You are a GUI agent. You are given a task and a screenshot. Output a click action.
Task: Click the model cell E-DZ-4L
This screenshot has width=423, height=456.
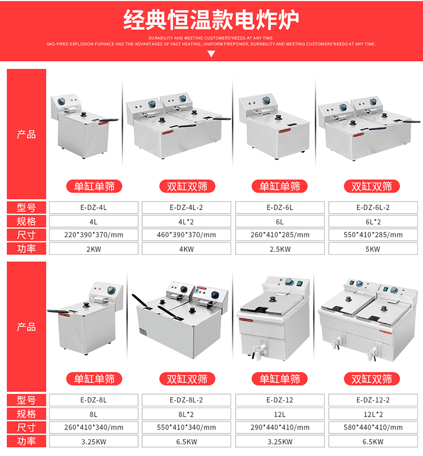click(94, 207)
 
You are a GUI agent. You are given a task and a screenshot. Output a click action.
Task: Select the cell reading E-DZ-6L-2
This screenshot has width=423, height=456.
click(373, 207)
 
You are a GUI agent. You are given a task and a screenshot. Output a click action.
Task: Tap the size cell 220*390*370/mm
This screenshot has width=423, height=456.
click(94, 235)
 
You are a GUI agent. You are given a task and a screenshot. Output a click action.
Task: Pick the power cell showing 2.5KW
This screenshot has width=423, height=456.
click(280, 249)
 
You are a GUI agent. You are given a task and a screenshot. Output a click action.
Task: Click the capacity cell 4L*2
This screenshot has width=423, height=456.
click(186, 222)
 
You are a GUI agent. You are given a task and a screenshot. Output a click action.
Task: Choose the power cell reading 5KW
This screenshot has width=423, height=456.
click(373, 249)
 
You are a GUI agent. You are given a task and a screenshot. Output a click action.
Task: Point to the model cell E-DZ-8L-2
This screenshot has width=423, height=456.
click(186, 400)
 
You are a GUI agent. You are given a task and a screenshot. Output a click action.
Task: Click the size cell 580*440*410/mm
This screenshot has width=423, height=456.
click(373, 427)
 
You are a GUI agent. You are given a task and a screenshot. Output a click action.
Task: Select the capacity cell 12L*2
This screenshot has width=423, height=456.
click(373, 414)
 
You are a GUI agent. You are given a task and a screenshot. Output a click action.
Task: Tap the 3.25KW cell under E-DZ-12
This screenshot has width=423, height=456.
click(280, 441)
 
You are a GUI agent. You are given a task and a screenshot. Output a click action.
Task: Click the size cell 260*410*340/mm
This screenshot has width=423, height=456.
click(94, 427)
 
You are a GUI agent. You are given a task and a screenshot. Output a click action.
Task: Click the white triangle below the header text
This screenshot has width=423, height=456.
click(211, 54)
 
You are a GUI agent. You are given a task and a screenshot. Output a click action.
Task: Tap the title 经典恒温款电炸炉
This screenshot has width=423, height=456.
click(211, 20)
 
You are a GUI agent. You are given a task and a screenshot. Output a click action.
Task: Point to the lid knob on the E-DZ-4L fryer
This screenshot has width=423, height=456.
click(84, 114)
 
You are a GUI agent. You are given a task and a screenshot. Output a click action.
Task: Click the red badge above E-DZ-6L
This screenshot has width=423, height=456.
click(279, 187)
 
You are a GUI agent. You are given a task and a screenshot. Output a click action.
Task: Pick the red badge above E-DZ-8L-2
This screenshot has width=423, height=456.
click(187, 379)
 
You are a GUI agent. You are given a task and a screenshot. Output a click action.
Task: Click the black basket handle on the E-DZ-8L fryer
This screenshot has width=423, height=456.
click(59, 312)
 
